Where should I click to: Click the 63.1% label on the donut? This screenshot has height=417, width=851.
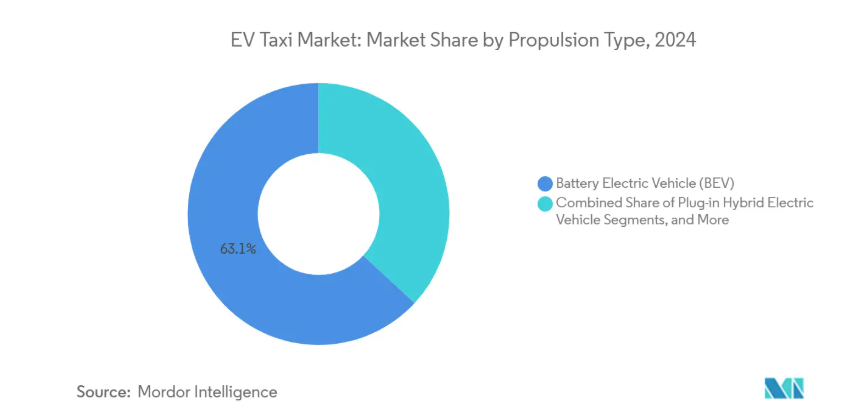coord(238,248)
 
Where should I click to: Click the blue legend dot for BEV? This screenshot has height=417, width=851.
coord(545,183)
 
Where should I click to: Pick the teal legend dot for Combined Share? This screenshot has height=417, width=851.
coord(545,203)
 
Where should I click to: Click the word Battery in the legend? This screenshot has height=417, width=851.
coord(577,183)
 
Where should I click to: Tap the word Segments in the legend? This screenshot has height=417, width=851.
coord(639,220)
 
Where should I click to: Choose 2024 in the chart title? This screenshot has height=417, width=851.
coord(675,42)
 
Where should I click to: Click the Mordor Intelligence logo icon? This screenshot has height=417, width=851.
coord(784,390)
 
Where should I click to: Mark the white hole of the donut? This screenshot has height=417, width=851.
coord(318,213)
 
